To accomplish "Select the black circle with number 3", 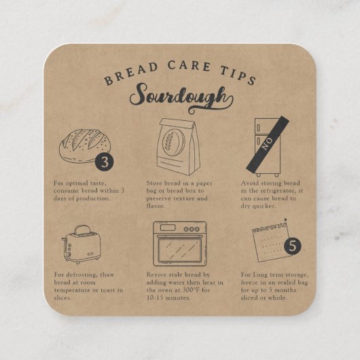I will [103, 162].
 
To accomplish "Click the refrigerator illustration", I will [267, 146].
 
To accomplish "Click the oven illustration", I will [177, 243].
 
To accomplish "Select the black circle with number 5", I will [293, 247].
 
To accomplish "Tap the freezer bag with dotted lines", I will [270, 240].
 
